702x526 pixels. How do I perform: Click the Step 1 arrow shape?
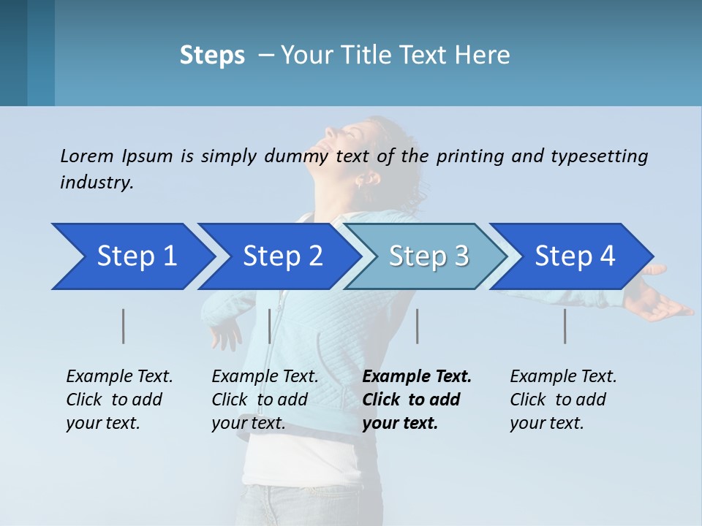[132, 256]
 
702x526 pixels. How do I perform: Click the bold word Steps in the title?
[212, 56]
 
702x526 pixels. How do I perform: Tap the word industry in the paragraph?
[97, 183]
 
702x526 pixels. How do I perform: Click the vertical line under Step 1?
[124, 326]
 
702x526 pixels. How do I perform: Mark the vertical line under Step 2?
[270, 326]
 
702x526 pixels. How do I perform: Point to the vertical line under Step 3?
[417, 326]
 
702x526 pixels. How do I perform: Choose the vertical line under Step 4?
[565, 326]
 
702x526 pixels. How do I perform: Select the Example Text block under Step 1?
[118, 400]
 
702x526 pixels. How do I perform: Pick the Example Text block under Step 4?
[562, 400]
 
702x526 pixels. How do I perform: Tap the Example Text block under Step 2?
[264, 400]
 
